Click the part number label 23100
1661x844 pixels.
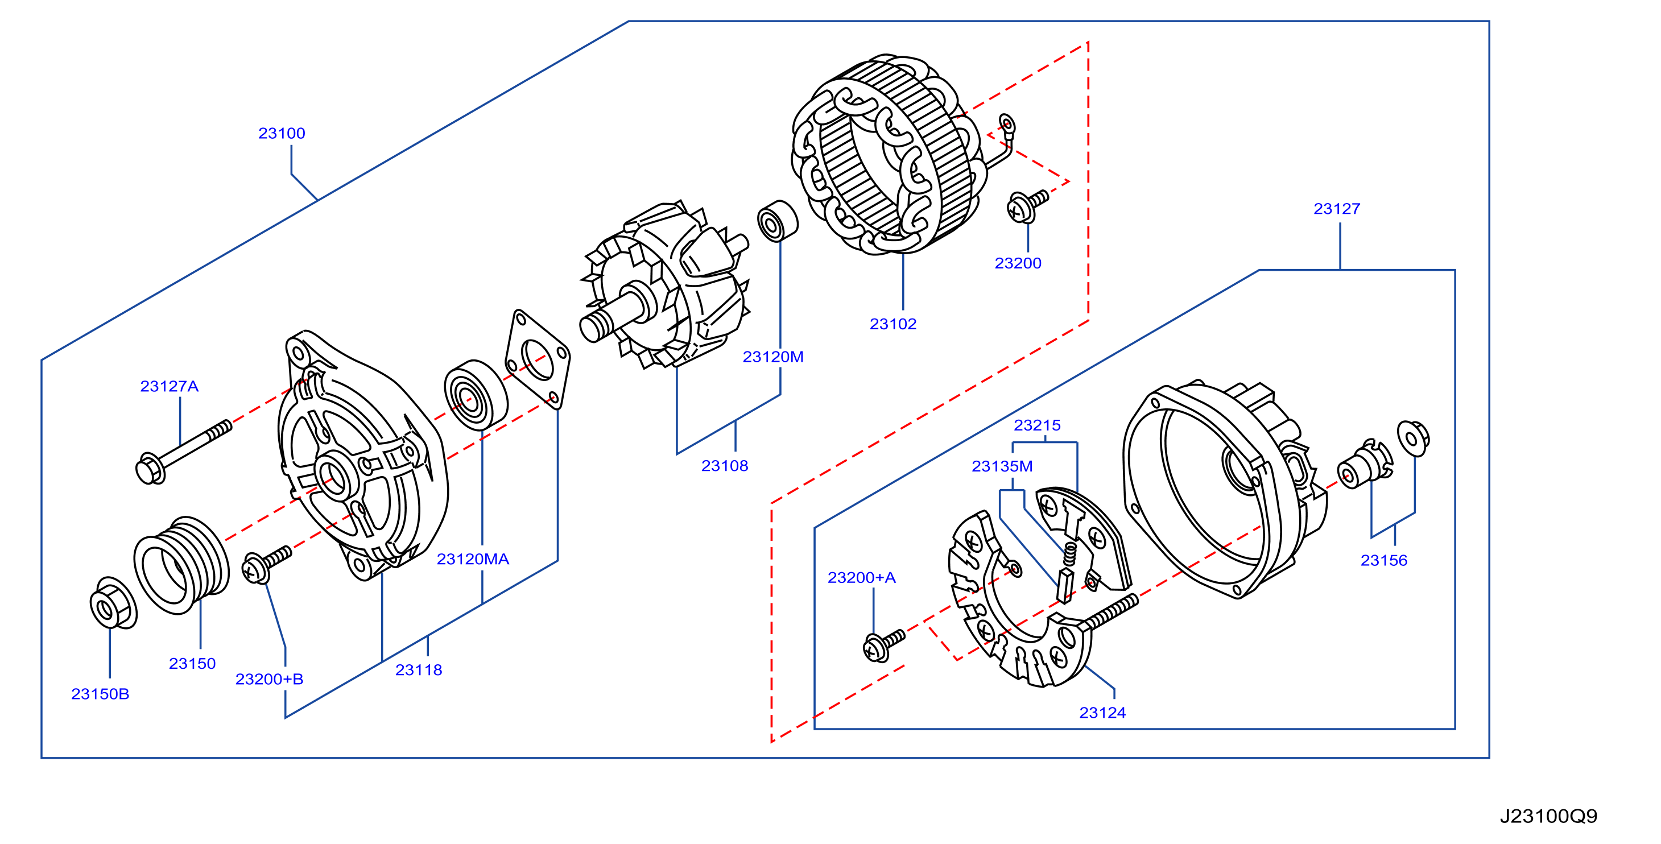[282, 134]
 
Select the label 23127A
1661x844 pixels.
[170, 386]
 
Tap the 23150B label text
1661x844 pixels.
[100, 694]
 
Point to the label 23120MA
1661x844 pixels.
[473, 559]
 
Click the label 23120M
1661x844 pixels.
[773, 357]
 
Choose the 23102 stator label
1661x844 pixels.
[893, 324]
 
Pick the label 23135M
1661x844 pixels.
[1002, 466]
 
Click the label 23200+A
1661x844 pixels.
[861, 578]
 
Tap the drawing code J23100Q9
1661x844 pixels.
[1548, 816]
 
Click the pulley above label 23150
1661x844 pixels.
[181, 565]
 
